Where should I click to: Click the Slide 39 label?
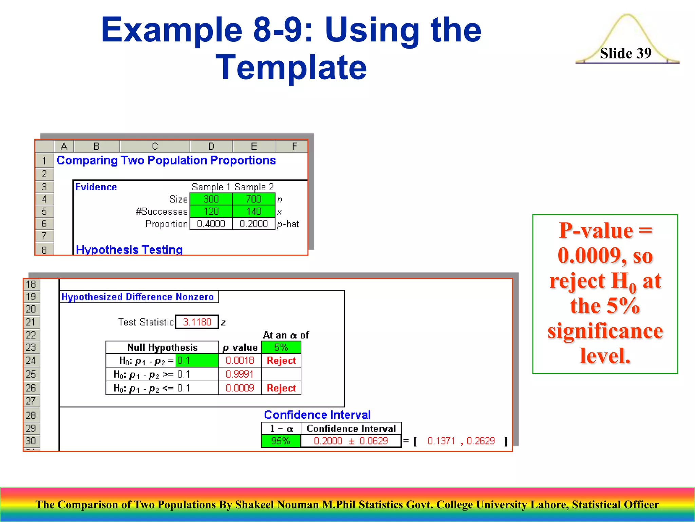(625, 53)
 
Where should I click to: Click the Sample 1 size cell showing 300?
(211, 199)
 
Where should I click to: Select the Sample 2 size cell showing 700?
(253, 199)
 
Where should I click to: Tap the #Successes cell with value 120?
(211, 211)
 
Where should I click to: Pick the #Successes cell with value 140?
(253, 211)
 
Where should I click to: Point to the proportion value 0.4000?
(211, 224)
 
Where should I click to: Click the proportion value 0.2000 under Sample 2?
(253, 224)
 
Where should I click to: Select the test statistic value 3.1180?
(197, 322)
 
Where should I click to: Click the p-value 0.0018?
(240, 360)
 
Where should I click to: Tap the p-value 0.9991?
(240, 374)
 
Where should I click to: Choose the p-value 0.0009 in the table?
(240, 388)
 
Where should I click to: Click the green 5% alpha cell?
(281, 347)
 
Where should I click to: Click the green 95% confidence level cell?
(281, 441)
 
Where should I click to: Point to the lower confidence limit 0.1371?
(441, 441)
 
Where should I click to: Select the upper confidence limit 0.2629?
(480, 441)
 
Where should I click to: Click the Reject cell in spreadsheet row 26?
(281, 388)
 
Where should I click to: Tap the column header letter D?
(211, 146)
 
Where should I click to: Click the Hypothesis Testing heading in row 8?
(129, 249)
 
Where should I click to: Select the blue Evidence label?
(96, 187)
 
